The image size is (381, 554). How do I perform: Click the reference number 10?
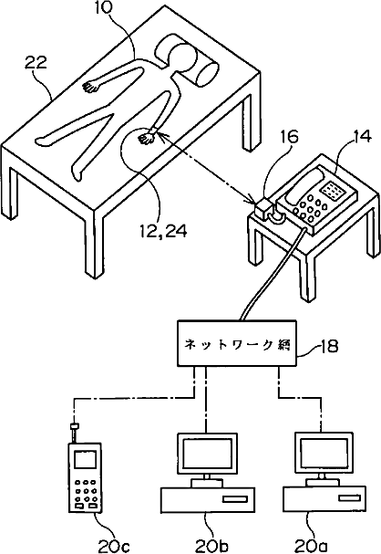(x=103, y=9)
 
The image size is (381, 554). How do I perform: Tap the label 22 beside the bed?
(x=36, y=63)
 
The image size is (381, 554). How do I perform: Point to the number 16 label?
(x=289, y=137)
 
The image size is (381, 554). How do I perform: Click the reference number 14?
(x=361, y=136)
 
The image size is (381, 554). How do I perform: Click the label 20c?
(x=114, y=547)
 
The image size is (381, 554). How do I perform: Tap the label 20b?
(x=212, y=547)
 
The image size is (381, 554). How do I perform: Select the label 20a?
(x=311, y=547)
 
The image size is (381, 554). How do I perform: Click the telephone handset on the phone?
(x=304, y=186)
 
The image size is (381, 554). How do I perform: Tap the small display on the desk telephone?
(x=333, y=189)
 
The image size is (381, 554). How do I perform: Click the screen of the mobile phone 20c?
(x=85, y=460)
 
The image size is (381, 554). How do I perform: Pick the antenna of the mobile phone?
(x=75, y=432)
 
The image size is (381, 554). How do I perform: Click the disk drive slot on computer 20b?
(x=235, y=499)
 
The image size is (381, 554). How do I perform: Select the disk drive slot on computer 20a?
(x=350, y=497)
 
